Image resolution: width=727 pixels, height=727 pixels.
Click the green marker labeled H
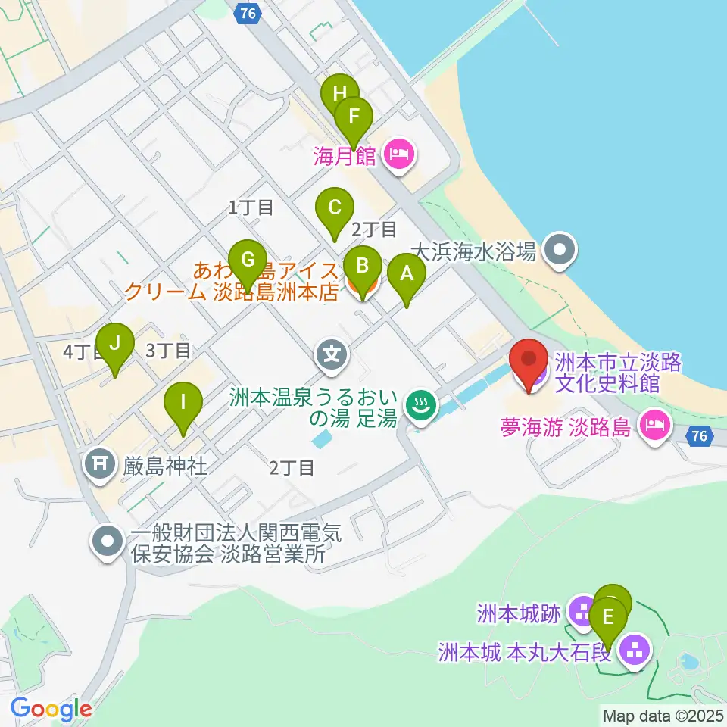click(339, 94)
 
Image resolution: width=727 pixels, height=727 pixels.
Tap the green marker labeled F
click(354, 117)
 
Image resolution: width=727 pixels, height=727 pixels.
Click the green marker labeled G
click(247, 260)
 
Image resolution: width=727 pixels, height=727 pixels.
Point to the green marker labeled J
click(115, 342)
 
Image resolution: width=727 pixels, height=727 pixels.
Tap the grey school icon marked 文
click(332, 352)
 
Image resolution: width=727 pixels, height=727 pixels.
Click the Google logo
click(51, 709)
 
